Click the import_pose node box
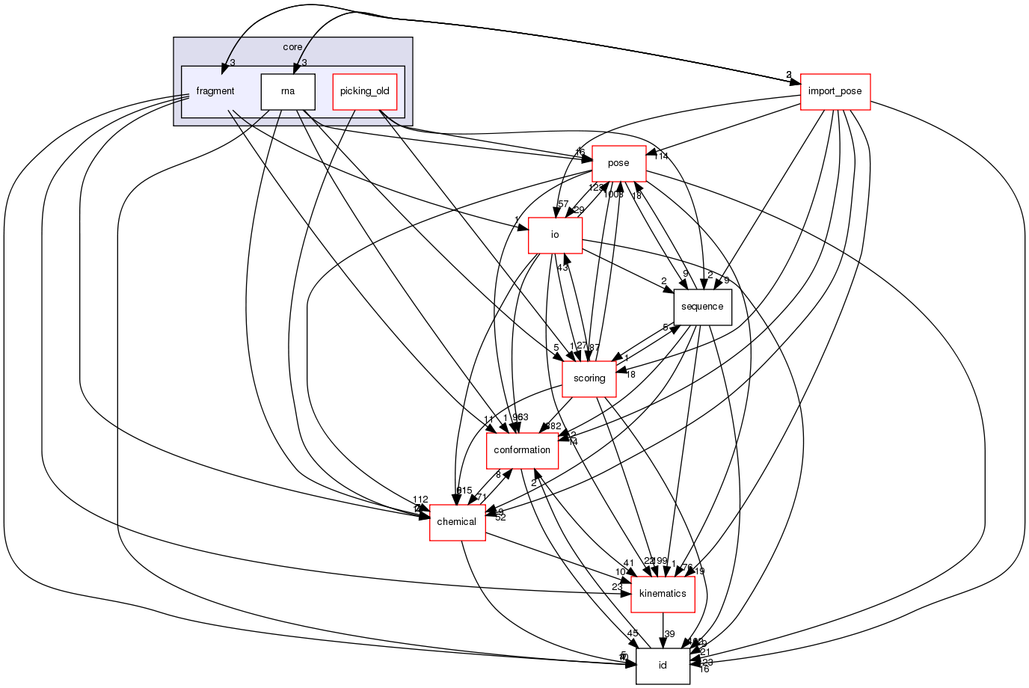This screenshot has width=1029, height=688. [835, 91]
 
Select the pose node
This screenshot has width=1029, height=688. [618, 163]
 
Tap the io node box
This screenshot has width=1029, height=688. [555, 235]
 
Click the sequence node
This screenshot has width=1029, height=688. [702, 307]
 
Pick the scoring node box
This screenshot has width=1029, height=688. [589, 378]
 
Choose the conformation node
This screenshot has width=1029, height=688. [522, 450]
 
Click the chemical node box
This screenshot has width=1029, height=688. [457, 522]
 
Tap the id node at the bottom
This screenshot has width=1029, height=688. [663, 666]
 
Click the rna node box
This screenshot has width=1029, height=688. [287, 91]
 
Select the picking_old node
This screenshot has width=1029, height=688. [364, 91]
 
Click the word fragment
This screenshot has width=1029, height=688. [215, 91]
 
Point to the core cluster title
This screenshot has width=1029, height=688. [292, 47]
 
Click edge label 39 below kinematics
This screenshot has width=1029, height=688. [669, 634]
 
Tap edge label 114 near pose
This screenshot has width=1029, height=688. [660, 156]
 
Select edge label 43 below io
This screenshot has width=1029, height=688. [562, 268]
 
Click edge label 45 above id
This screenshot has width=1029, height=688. [633, 634]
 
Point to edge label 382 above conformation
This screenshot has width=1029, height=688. [553, 426]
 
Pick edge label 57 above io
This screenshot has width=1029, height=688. [562, 204]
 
